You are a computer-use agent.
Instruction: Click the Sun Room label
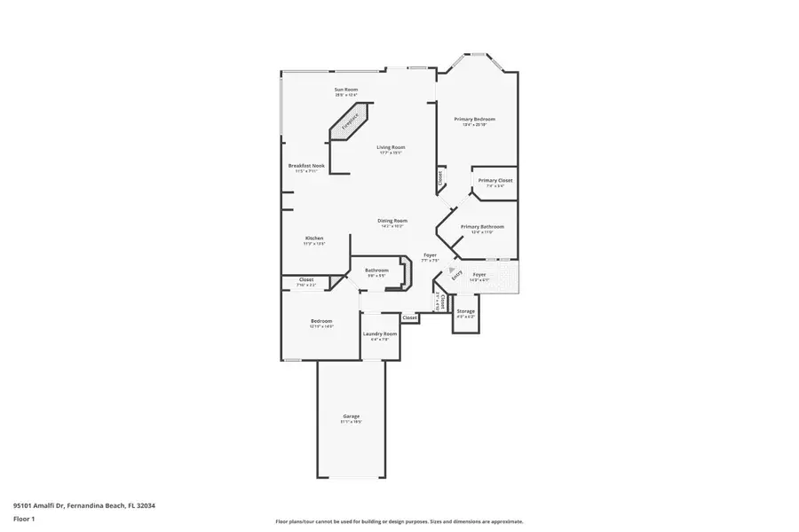pyautogui.click(x=346, y=90)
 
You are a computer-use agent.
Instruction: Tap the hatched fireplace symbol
pyautogui.click(x=349, y=122)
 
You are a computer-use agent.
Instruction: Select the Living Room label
pyautogui.click(x=391, y=147)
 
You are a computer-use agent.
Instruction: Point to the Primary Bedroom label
pyautogui.click(x=474, y=119)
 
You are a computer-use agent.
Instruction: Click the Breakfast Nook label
pyautogui.click(x=306, y=166)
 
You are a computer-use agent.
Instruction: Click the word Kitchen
pyautogui.click(x=314, y=239)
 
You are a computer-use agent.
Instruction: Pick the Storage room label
pyautogui.click(x=465, y=311)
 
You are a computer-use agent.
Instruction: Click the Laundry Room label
pyautogui.click(x=380, y=333)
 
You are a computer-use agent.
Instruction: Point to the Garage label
pyautogui.click(x=352, y=416)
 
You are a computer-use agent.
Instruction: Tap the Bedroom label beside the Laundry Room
pyautogui.click(x=320, y=320)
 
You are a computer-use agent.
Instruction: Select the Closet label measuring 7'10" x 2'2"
pyautogui.click(x=305, y=279)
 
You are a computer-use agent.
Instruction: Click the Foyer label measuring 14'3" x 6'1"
pyautogui.click(x=479, y=274)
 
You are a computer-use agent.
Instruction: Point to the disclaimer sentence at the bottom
pyautogui.click(x=399, y=521)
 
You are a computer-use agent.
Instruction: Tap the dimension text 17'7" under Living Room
pyautogui.click(x=384, y=153)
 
